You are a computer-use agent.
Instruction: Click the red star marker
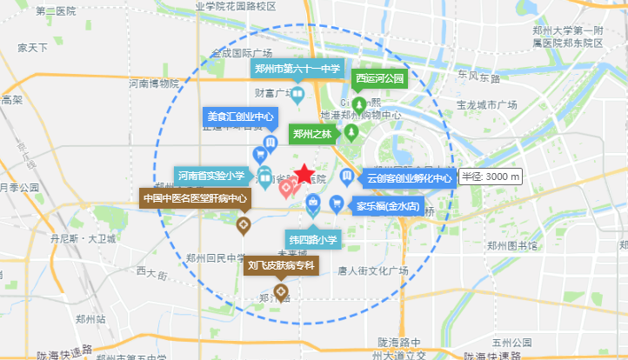[304, 174]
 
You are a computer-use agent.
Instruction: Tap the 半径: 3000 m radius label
[491, 177]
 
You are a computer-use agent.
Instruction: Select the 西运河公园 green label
[380, 79]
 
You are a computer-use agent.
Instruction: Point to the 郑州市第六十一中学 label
[297, 69]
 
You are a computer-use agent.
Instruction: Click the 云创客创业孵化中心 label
[410, 178]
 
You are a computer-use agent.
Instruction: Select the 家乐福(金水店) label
[388, 208]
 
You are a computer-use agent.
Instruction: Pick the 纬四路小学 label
[313, 238]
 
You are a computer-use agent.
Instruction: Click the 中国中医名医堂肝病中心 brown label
[195, 198]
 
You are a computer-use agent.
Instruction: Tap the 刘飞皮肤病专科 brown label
[280, 264]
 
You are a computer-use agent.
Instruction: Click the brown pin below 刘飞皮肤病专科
[281, 291]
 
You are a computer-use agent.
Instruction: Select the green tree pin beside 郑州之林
[351, 132]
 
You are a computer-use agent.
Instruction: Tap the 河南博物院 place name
[153, 84]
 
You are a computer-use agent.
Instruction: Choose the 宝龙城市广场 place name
[486, 104]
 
